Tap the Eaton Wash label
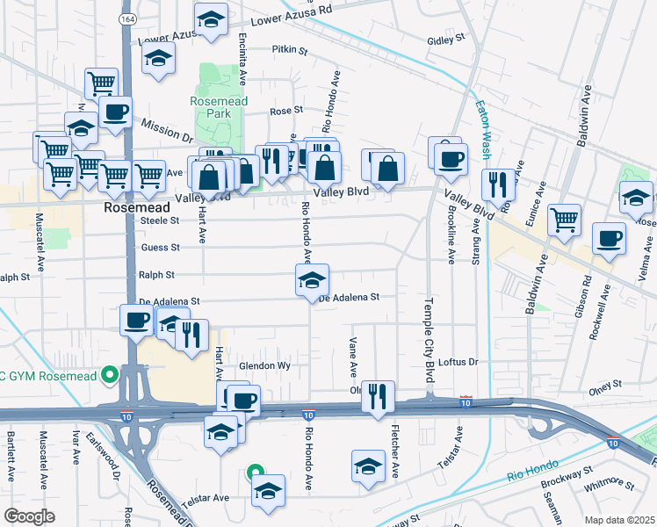[x=483, y=131]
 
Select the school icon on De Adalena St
[x=312, y=281]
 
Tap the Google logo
[x=30, y=516]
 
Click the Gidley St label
[x=444, y=40]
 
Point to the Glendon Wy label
[x=264, y=365]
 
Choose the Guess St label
[x=160, y=248]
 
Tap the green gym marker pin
[x=110, y=375]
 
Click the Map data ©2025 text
[x=618, y=520]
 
